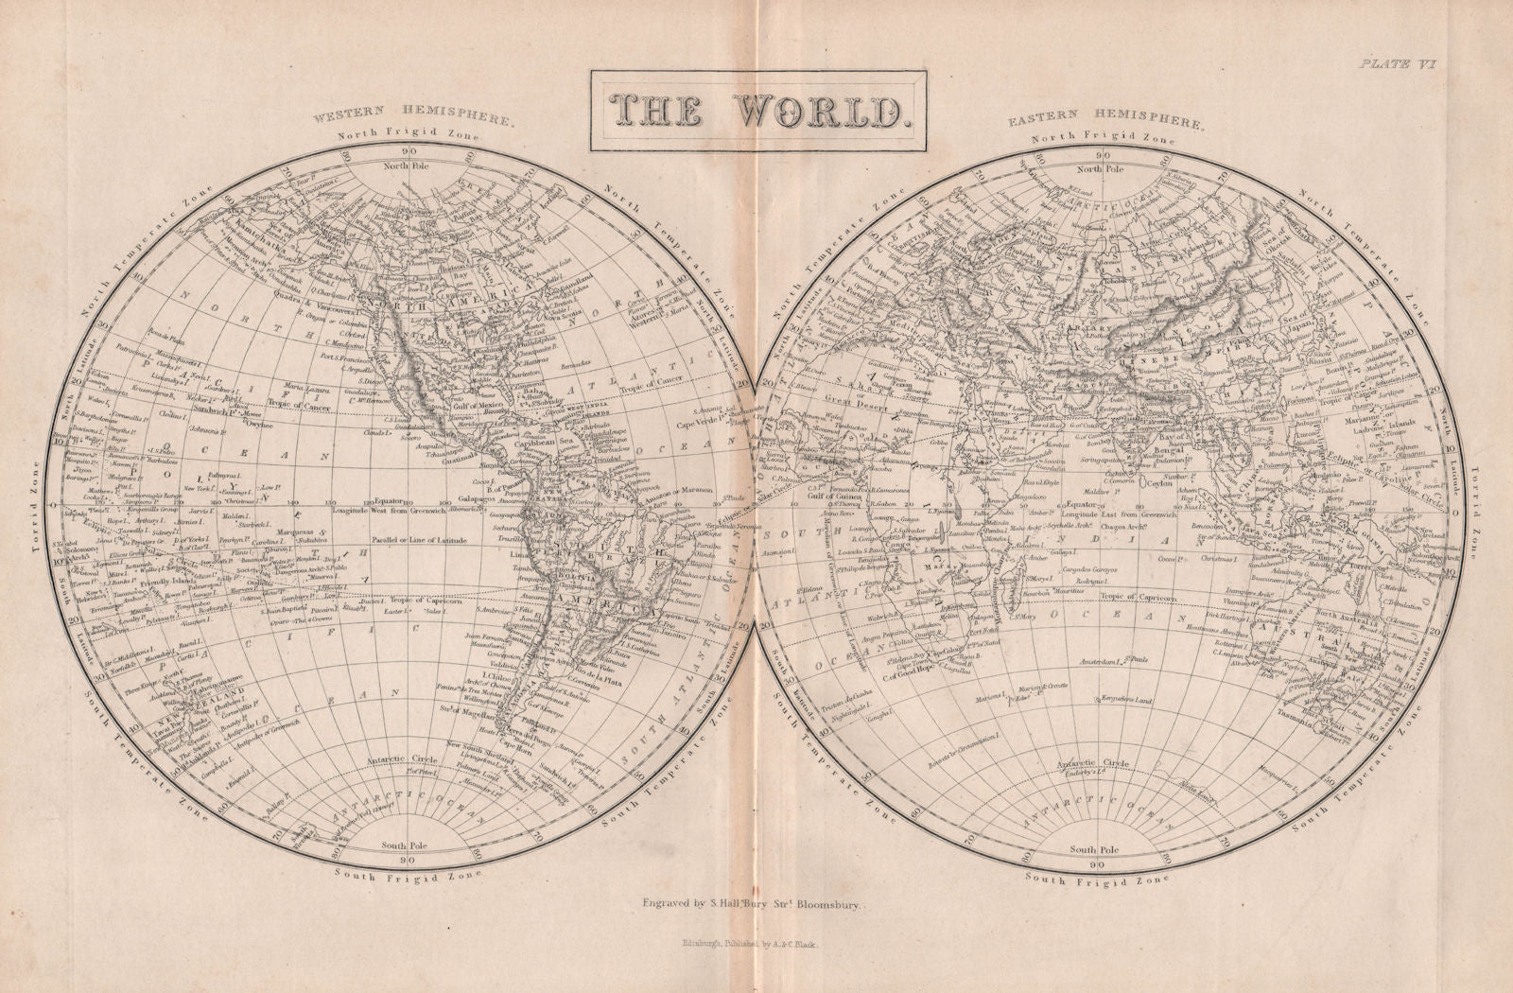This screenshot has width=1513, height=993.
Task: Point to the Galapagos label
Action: click(x=453, y=499)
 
